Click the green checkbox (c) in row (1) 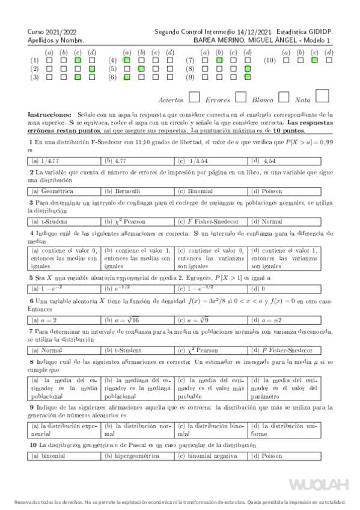click(x=78, y=61)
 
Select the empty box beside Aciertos click(x=194, y=97)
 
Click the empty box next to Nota click(x=322, y=96)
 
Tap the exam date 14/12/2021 click(x=240, y=31)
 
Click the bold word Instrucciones click(x=50, y=114)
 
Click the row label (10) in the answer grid click(x=270, y=61)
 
